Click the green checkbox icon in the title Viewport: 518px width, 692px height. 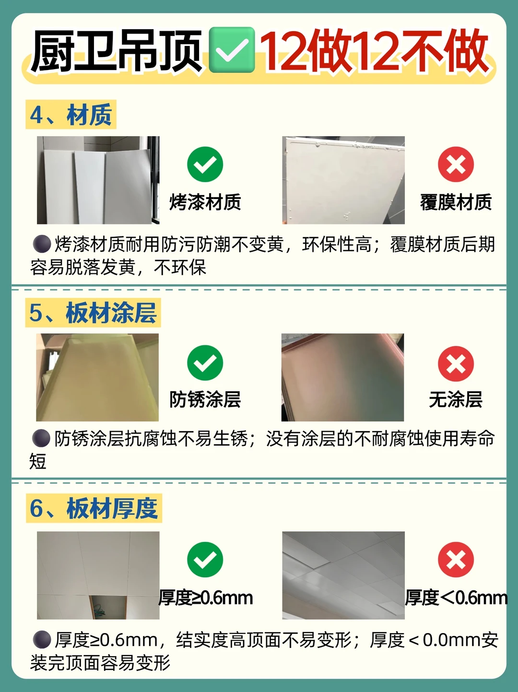(232, 50)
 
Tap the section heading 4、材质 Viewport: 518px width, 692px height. (71, 115)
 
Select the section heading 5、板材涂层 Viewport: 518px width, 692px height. (93, 313)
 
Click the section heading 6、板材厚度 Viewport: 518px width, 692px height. (94, 508)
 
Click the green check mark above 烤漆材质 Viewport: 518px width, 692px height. (205, 164)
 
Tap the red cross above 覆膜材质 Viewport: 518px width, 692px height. (456, 164)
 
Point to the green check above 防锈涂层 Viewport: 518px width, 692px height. (205, 363)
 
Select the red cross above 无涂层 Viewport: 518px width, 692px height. (456, 364)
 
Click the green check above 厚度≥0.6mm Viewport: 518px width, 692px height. (205, 560)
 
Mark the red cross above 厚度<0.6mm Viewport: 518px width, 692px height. (456, 560)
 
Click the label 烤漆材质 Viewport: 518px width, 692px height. (205, 202)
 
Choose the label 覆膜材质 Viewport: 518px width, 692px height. (456, 202)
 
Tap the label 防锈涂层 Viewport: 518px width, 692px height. (205, 399)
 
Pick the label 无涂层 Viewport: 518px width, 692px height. (456, 399)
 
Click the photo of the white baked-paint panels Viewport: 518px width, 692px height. (98, 180)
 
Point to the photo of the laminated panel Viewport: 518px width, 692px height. (343, 180)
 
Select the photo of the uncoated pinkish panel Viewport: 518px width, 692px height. (343, 377)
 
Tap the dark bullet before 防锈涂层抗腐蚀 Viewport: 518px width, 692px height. (41, 438)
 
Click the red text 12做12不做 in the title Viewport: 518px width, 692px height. (375, 50)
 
